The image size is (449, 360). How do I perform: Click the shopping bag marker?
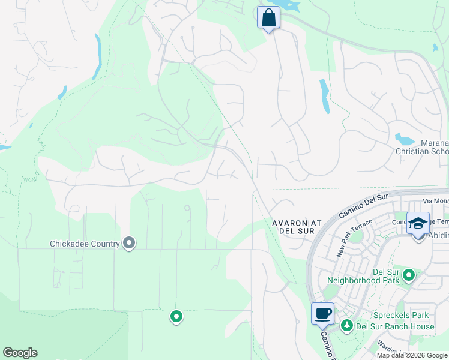point(268,17)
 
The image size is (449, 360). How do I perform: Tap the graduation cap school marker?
point(418,224)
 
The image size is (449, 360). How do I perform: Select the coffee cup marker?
point(322,313)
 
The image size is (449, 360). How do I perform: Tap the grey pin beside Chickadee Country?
point(129,243)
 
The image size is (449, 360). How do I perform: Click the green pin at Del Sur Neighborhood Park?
point(409,275)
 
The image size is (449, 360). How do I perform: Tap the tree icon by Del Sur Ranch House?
point(346,326)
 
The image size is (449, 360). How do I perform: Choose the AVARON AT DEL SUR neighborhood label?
point(297,227)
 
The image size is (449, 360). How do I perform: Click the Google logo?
point(20,353)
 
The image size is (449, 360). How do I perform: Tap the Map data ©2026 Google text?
point(411,355)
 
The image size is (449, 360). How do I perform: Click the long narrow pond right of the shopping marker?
point(325,96)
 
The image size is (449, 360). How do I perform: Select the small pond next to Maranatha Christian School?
point(405,140)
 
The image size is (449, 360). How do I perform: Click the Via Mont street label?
point(435,201)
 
